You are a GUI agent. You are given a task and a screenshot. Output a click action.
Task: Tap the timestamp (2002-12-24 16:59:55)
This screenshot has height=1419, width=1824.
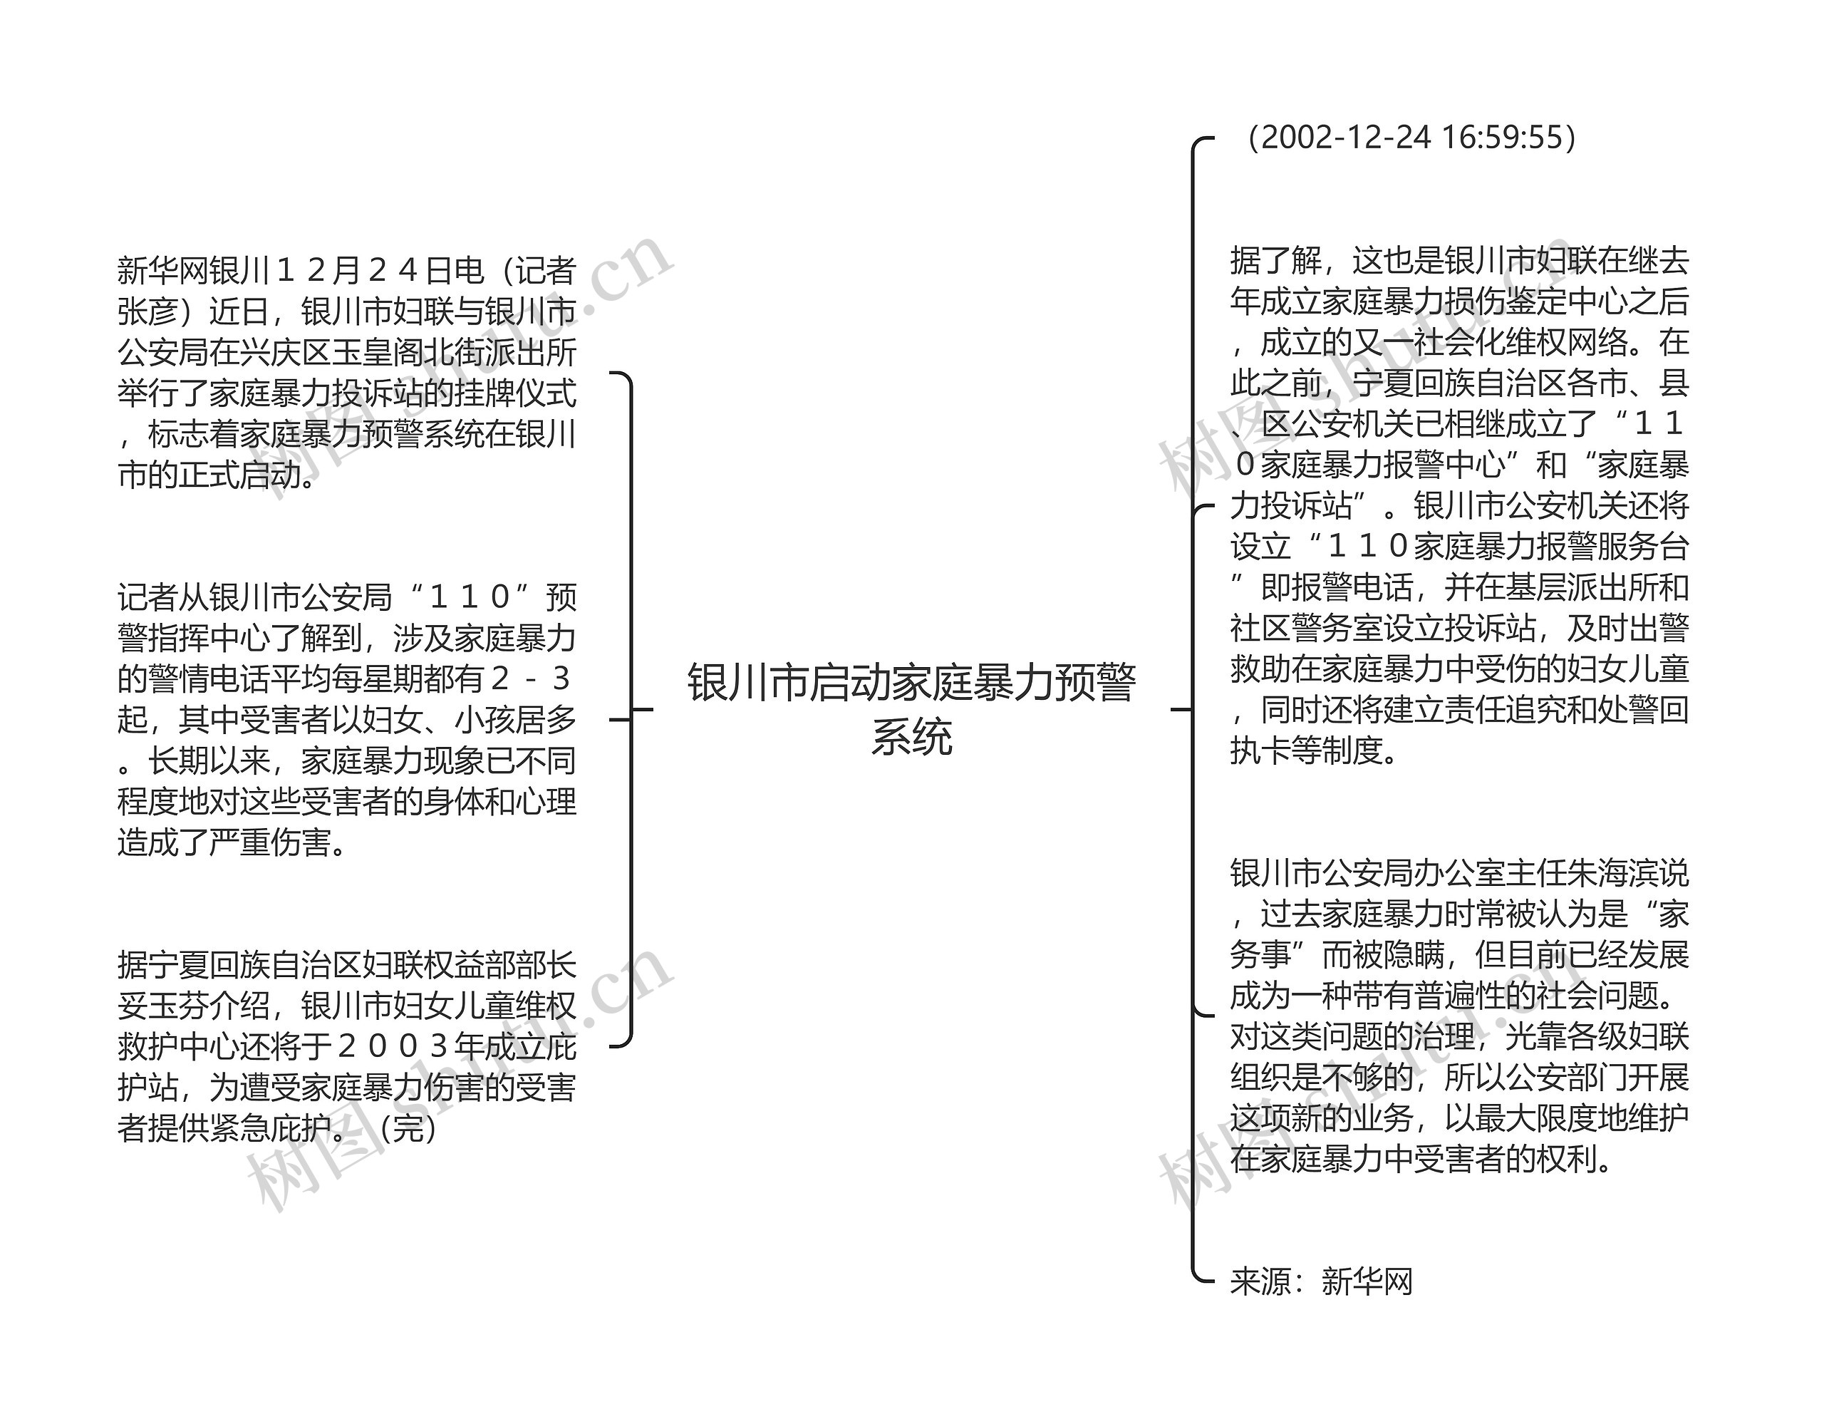pyautogui.click(x=1408, y=138)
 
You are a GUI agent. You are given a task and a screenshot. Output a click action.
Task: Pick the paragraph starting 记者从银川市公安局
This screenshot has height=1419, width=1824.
pyautogui.click(x=346, y=719)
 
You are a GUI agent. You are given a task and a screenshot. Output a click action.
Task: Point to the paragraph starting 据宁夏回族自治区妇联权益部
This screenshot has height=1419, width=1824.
pyautogui.click(x=346, y=1046)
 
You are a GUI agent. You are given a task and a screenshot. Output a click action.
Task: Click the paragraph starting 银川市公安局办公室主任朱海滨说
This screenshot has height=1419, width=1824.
pyautogui.click(x=1459, y=1016)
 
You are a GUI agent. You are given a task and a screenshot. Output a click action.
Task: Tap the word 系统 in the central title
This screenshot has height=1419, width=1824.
pyautogui.click(x=911, y=737)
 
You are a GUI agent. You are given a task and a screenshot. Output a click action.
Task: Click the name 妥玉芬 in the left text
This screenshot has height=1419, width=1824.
pyautogui.click(x=164, y=1006)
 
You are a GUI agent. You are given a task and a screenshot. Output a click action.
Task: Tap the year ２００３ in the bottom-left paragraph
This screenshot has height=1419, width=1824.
pyautogui.click(x=393, y=1046)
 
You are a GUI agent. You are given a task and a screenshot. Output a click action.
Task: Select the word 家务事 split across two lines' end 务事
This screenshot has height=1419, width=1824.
pyautogui.click(x=1261, y=954)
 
